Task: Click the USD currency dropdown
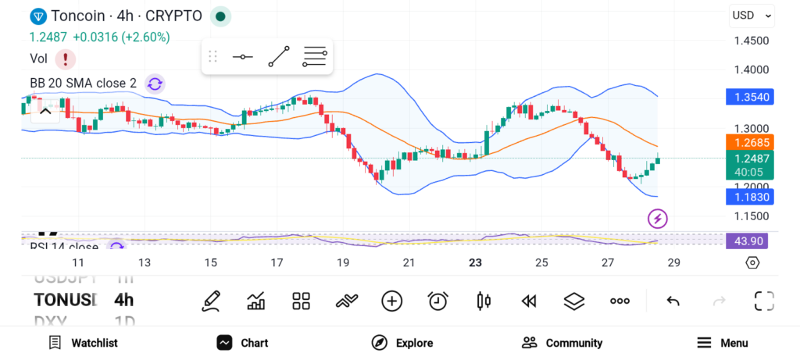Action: [x=752, y=15]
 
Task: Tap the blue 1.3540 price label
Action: [x=748, y=98]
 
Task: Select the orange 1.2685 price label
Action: [x=748, y=142]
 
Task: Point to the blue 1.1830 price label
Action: [x=748, y=197]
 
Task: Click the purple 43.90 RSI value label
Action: [x=746, y=241]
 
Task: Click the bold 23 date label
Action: [x=475, y=262]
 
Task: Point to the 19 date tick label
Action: [x=343, y=262]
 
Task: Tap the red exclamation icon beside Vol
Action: [x=66, y=59]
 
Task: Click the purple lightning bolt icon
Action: [x=658, y=219]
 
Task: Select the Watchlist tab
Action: [x=83, y=343]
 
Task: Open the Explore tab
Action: [x=402, y=343]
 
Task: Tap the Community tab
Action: [x=562, y=343]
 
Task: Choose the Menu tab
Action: [x=723, y=343]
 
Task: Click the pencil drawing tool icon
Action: [x=210, y=301]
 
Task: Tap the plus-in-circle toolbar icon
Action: [x=391, y=301]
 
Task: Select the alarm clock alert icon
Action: [x=437, y=301]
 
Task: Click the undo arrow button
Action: [x=673, y=301]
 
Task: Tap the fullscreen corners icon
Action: [x=764, y=301]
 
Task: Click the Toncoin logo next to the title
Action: [x=37, y=16]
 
